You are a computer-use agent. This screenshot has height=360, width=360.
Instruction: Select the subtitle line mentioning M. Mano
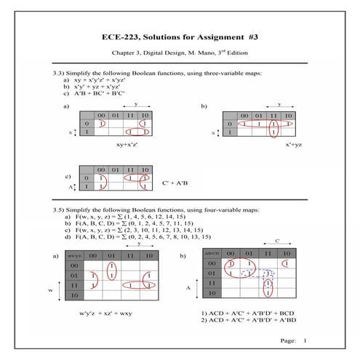(180, 53)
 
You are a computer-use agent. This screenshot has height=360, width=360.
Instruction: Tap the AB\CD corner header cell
(210, 252)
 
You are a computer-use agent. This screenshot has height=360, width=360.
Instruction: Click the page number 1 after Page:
(305, 340)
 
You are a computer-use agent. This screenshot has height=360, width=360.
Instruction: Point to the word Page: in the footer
(287, 340)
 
